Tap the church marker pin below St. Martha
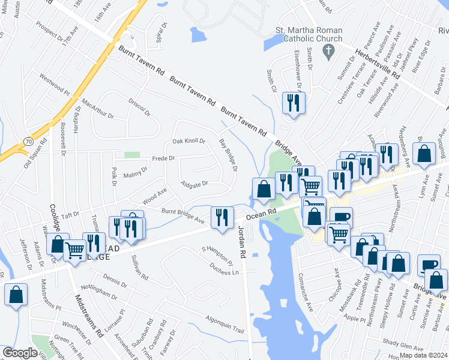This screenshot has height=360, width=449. pyautogui.click(x=328, y=52)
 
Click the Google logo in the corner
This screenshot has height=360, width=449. pyautogui.click(x=20, y=353)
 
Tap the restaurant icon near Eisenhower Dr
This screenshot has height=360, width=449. pyautogui.click(x=294, y=103)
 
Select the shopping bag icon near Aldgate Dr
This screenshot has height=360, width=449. pyautogui.click(x=264, y=189)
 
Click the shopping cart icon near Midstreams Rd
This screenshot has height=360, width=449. pyautogui.click(x=75, y=249)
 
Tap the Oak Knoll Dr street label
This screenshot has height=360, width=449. pyautogui.click(x=189, y=142)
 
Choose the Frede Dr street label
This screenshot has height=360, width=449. pyautogui.click(x=163, y=159)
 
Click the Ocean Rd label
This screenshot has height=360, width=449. pyautogui.click(x=264, y=212)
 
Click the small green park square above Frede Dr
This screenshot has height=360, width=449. pyautogui.click(x=131, y=155)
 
